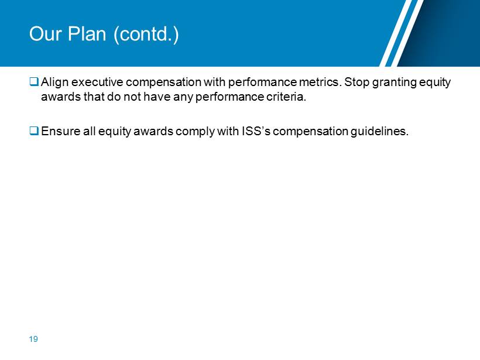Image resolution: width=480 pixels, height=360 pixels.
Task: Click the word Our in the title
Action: click(45, 34)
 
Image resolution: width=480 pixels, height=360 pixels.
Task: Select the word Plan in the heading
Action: click(87, 34)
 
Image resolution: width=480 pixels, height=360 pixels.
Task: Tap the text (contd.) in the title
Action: click(146, 35)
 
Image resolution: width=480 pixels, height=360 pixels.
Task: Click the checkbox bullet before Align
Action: click(34, 81)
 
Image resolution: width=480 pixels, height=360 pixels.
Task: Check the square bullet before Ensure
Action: click(34, 131)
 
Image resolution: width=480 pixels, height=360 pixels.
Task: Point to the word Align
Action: click(54, 83)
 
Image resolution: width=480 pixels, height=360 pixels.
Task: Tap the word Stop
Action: click(356, 83)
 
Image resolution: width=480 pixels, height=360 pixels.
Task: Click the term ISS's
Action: click(256, 131)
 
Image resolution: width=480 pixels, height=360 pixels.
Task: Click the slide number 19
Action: click(33, 339)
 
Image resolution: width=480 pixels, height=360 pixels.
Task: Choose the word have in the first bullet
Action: click(157, 97)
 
